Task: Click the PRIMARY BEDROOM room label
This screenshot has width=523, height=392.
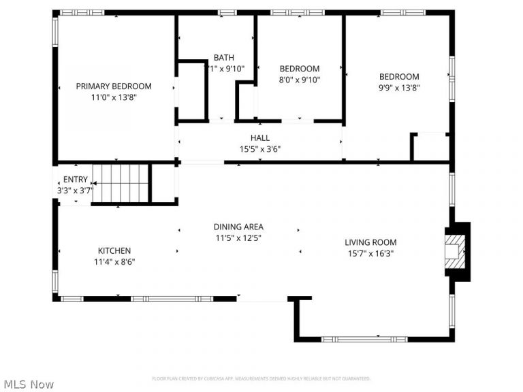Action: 114,86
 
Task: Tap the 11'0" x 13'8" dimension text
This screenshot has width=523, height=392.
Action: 114,97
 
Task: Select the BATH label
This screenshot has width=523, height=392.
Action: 223,58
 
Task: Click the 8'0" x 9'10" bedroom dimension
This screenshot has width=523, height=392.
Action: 300,80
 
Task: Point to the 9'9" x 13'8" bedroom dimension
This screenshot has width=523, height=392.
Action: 399,88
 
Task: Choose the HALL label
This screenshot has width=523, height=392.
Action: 260,138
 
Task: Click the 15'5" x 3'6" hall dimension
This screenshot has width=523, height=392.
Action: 260,149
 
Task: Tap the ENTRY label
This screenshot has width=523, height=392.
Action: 76,180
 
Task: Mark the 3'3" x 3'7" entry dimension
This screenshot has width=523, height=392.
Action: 74,191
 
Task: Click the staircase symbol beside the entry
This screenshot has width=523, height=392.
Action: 121,183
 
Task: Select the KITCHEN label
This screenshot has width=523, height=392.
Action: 114,250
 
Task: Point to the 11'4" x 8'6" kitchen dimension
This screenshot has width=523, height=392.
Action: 114,261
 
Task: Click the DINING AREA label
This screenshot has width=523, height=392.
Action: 238,227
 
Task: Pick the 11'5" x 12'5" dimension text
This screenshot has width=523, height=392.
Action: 238,238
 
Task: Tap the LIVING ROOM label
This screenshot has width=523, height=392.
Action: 370,242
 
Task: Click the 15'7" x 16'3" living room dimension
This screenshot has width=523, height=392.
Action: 370,253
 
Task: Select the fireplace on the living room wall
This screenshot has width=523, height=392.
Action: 455,250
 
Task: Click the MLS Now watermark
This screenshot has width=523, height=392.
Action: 28,385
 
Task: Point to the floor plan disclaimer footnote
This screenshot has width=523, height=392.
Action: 261,378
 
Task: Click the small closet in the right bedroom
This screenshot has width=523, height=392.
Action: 431,147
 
